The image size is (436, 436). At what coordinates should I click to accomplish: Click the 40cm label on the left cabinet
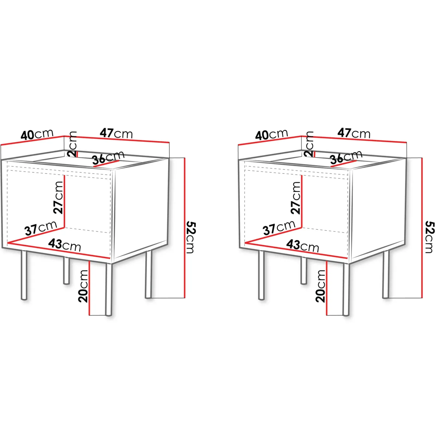(x=37, y=134)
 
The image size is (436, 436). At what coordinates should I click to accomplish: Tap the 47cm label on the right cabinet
(x=354, y=133)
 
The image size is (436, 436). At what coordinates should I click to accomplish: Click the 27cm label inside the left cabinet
(x=58, y=198)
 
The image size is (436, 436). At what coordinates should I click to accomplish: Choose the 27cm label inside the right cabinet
(x=296, y=198)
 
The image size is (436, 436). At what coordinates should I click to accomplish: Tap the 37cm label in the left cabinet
(x=41, y=228)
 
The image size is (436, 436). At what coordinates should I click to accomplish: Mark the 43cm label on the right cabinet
(x=302, y=246)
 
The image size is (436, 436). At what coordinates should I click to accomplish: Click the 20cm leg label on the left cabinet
(x=83, y=286)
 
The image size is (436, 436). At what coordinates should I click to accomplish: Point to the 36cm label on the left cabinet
(x=108, y=158)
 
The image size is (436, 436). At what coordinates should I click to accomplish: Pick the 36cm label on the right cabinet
(x=346, y=158)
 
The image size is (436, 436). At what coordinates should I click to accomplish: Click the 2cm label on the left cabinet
(x=72, y=144)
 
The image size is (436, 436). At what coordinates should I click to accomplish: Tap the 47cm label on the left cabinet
(x=116, y=133)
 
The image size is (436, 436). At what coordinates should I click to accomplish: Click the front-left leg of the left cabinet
(x=24, y=275)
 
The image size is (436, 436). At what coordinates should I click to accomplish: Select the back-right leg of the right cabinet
(x=386, y=274)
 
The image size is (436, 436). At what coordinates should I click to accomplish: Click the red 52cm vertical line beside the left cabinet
(x=185, y=228)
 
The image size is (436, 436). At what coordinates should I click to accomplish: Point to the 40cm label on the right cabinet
(x=272, y=134)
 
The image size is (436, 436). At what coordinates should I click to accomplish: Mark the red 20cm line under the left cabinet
(x=89, y=288)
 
